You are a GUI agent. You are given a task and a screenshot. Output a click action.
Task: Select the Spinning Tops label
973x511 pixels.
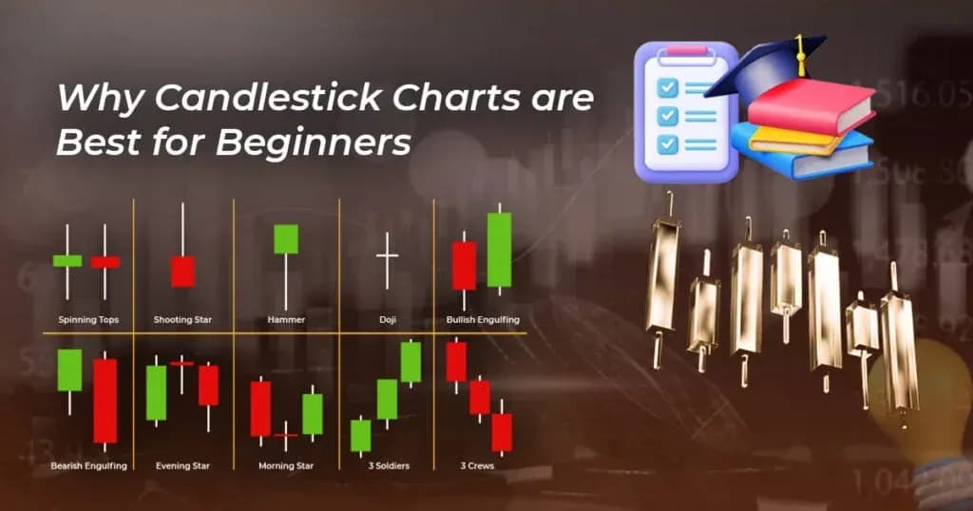coord(88,320)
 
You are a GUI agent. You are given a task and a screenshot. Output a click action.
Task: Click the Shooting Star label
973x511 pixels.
coord(182,320)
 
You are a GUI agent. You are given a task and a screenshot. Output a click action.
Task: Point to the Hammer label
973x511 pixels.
coord(286,320)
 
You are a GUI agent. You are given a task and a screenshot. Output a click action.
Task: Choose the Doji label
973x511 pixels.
coord(387,320)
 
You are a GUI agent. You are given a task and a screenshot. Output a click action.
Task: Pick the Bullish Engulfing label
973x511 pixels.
coord(483,320)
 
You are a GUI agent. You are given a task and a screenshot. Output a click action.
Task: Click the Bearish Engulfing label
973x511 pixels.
coord(88,466)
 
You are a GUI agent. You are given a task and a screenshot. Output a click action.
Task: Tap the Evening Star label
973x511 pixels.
coord(183,466)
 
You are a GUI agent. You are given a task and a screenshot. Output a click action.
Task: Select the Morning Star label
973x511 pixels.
coord(286,466)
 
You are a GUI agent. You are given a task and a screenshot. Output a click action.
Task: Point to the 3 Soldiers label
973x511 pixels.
coord(386,466)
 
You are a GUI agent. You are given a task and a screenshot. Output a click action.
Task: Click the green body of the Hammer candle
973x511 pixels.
coord(286,238)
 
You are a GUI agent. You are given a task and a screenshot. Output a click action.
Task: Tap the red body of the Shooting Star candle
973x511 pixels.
coord(182,271)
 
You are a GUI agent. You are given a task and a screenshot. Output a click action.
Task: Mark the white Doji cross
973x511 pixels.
coord(387,257)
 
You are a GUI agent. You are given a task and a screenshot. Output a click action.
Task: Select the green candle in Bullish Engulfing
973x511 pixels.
coord(499,250)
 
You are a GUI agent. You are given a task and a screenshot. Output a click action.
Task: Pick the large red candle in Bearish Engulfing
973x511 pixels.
coord(105,400)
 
